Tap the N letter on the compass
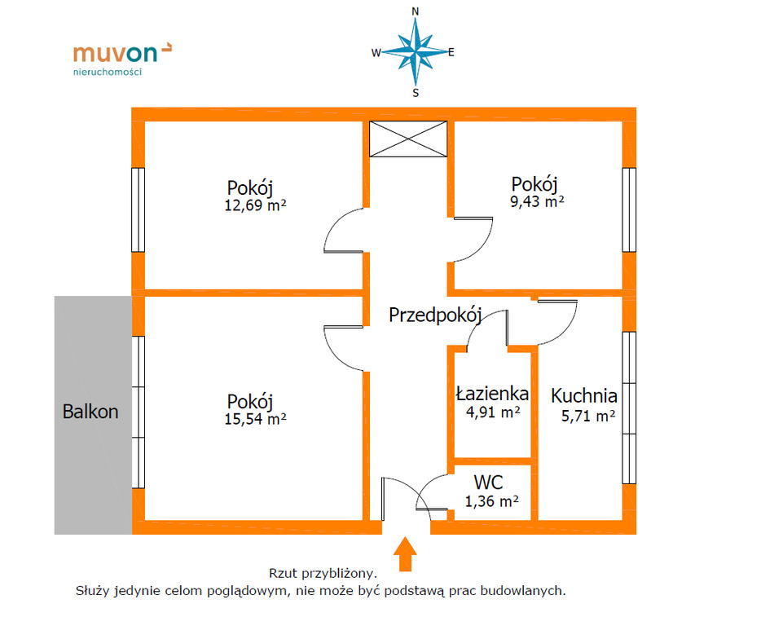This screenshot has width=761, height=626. (x=415, y=11)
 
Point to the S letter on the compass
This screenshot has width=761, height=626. (x=416, y=93)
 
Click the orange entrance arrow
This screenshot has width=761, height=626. (x=405, y=554)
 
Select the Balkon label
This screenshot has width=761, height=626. (x=90, y=412)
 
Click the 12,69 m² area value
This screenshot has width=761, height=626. (x=255, y=205)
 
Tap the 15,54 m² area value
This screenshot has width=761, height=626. (x=255, y=419)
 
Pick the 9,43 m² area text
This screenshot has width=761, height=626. (x=537, y=201)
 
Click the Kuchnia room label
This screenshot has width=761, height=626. (x=584, y=396)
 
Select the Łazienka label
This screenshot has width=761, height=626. (x=492, y=393)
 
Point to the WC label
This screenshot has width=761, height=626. (x=488, y=483)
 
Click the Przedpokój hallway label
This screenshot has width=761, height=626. (x=435, y=315)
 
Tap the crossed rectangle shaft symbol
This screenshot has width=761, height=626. (x=408, y=139)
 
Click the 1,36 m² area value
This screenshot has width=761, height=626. (x=491, y=500)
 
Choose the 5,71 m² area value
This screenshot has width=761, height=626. (x=588, y=416)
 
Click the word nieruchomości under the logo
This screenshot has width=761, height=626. (x=108, y=72)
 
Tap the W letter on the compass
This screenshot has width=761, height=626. (x=376, y=53)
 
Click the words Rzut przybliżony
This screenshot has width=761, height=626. (x=323, y=573)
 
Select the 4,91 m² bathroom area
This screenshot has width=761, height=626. (x=493, y=412)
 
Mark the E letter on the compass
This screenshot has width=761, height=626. (x=451, y=52)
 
